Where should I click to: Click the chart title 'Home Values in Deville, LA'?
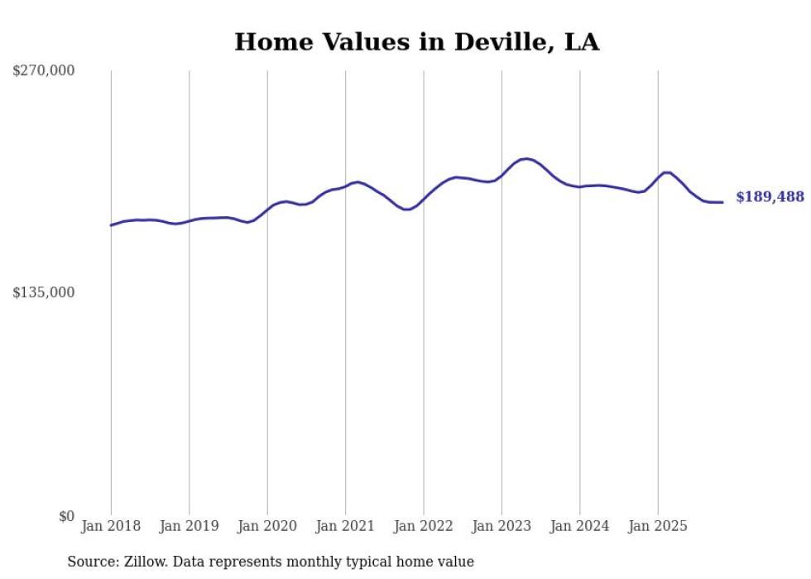click(416, 41)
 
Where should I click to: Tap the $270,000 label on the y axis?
click(44, 71)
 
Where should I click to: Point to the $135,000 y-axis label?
click(44, 292)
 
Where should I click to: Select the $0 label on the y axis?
click(66, 516)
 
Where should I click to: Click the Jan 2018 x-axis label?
click(111, 526)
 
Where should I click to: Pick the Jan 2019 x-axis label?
click(190, 526)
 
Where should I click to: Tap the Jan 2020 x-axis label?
click(267, 526)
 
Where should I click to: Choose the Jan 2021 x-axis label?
click(345, 526)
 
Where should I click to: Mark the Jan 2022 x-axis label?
click(424, 526)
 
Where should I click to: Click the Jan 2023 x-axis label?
click(501, 526)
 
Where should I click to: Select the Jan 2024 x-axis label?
click(580, 526)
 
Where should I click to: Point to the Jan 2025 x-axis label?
click(658, 526)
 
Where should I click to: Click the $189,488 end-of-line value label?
click(769, 197)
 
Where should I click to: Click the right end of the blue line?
click(722, 202)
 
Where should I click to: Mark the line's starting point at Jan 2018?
click(111, 225)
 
